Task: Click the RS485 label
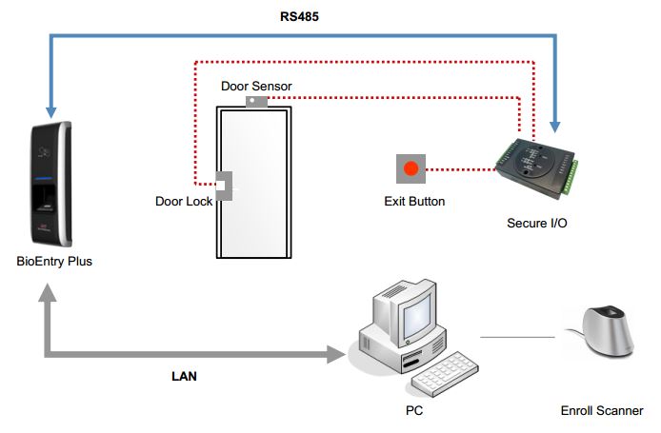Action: tap(299, 17)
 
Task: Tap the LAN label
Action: tap(184, 376)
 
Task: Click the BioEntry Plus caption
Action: tap(54, 261)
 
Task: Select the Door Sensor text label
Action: tap(256, 87)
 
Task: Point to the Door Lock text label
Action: tap(184, 202)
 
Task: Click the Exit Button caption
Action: tap(414, 202)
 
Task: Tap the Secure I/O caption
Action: tap(536, 223)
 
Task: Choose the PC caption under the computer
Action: tap(414, 410)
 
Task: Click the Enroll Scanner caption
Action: tap(602, 411)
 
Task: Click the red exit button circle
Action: tap(411, 168)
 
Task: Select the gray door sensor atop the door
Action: tap(256, 102)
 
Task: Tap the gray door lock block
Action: tap(224, 186)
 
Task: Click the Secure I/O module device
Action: tap(536, 167)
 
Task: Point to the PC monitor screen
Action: tap(417, 314)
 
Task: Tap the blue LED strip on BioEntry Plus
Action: tap(43, 179)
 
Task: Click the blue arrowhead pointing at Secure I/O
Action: tap(555, 128)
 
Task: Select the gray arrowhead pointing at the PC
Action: tap(336, 354)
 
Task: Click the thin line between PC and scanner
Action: tap(517, 338)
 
